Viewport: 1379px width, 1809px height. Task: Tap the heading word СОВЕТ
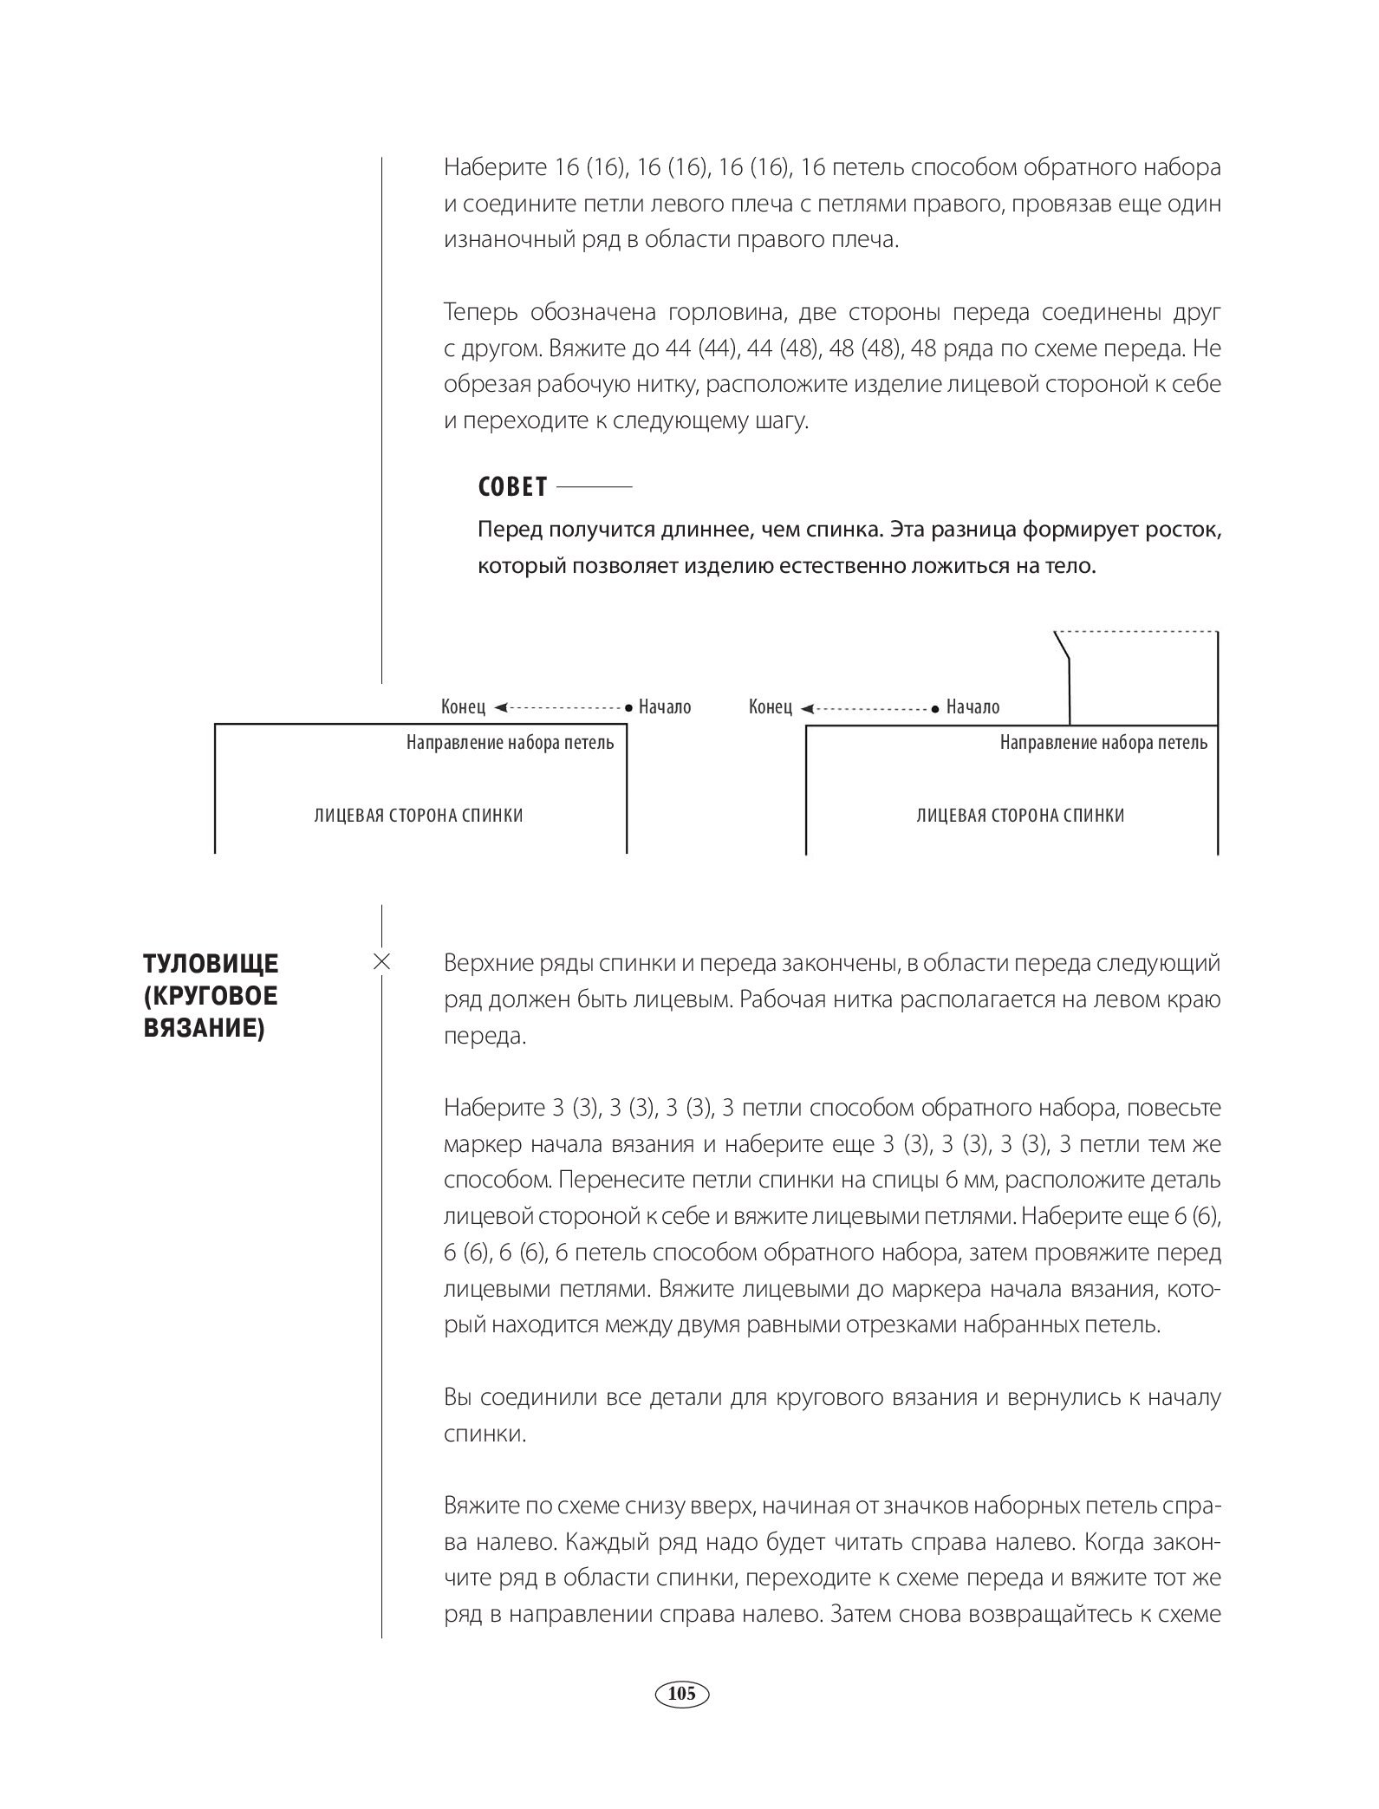click(x=512, y=487)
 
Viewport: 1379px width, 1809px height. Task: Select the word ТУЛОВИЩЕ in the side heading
click(x=211, y=964)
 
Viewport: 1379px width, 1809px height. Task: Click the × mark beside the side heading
click(x=381, y=962)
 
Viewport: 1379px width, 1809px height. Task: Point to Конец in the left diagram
click(x=463, y=707)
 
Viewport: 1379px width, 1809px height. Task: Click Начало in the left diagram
click(x=665, y=707)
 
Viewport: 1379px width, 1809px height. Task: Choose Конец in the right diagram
click(x=771, y=707)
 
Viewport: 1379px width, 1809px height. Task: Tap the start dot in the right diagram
click(x=934, y=708)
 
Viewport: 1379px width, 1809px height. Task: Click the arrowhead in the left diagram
click(x=501, y=707)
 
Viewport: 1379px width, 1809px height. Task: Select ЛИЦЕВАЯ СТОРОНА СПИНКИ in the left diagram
click(x=419, y=816)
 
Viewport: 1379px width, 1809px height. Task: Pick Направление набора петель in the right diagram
click(x=1103, y=743)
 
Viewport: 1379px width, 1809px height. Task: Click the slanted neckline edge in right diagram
click(x=1062, y=646)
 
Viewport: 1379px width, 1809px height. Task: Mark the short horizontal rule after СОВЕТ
click(x=594, y=488)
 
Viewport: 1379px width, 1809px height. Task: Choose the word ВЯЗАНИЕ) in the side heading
click(x=204, y=1030)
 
